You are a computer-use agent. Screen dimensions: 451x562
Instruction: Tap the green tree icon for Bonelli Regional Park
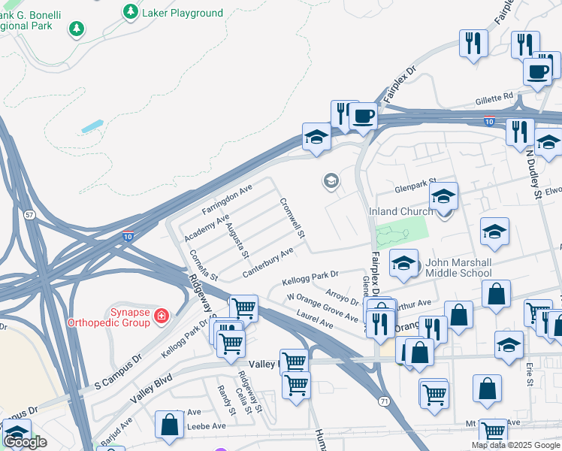76,29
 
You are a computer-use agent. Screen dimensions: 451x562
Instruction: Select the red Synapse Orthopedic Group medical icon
160,315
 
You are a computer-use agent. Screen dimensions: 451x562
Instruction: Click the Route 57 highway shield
29,215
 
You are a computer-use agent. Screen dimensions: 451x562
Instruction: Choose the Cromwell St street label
292,219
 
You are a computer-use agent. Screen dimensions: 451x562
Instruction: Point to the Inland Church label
400,212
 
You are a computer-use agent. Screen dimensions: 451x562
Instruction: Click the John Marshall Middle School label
458,268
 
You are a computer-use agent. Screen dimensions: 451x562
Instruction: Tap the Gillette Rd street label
494,97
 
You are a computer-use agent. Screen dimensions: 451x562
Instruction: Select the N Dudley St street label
532,174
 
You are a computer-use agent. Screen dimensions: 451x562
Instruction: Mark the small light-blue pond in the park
92,126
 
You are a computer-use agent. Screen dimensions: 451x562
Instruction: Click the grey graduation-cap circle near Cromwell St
330,180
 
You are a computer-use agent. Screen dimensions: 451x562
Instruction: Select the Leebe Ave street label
208,425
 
